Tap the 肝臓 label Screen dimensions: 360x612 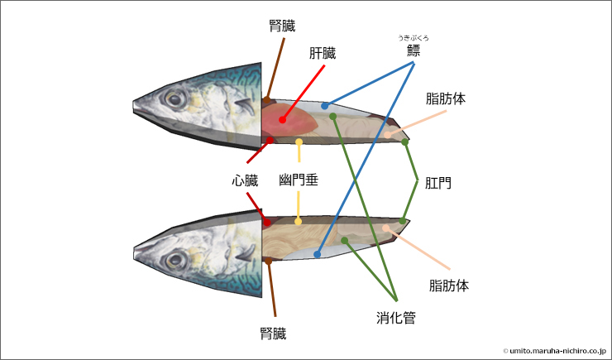click(x=323, y=53)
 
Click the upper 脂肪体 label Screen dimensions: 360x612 click(x=446, y=98)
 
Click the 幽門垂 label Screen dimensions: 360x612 click(x=299, y=179)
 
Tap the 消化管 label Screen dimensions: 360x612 click(x=396, y=316)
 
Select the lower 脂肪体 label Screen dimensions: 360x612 click(x=449, y=286)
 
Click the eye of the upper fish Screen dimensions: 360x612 click(x=175, y=98)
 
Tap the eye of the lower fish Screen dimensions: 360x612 click(x=175, y=258)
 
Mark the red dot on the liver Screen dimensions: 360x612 click(x=282, y=120)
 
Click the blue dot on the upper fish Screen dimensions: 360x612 click(x=325, y=106)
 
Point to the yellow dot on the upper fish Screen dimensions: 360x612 click(x=299, y=142)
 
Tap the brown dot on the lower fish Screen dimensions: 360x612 click(x=269, y=260)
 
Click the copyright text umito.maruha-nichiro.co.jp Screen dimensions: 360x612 click(x=553, y=351)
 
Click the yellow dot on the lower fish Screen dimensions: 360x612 click(x=298, y=221)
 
